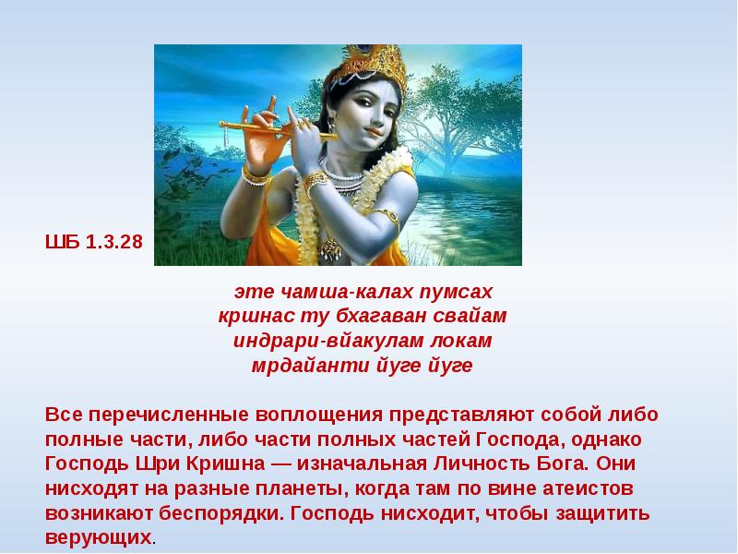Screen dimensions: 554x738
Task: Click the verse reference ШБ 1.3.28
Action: coord(94,245)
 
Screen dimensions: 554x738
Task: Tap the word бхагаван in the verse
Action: coord(387,317)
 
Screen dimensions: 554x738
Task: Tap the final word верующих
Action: coord(98,536)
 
